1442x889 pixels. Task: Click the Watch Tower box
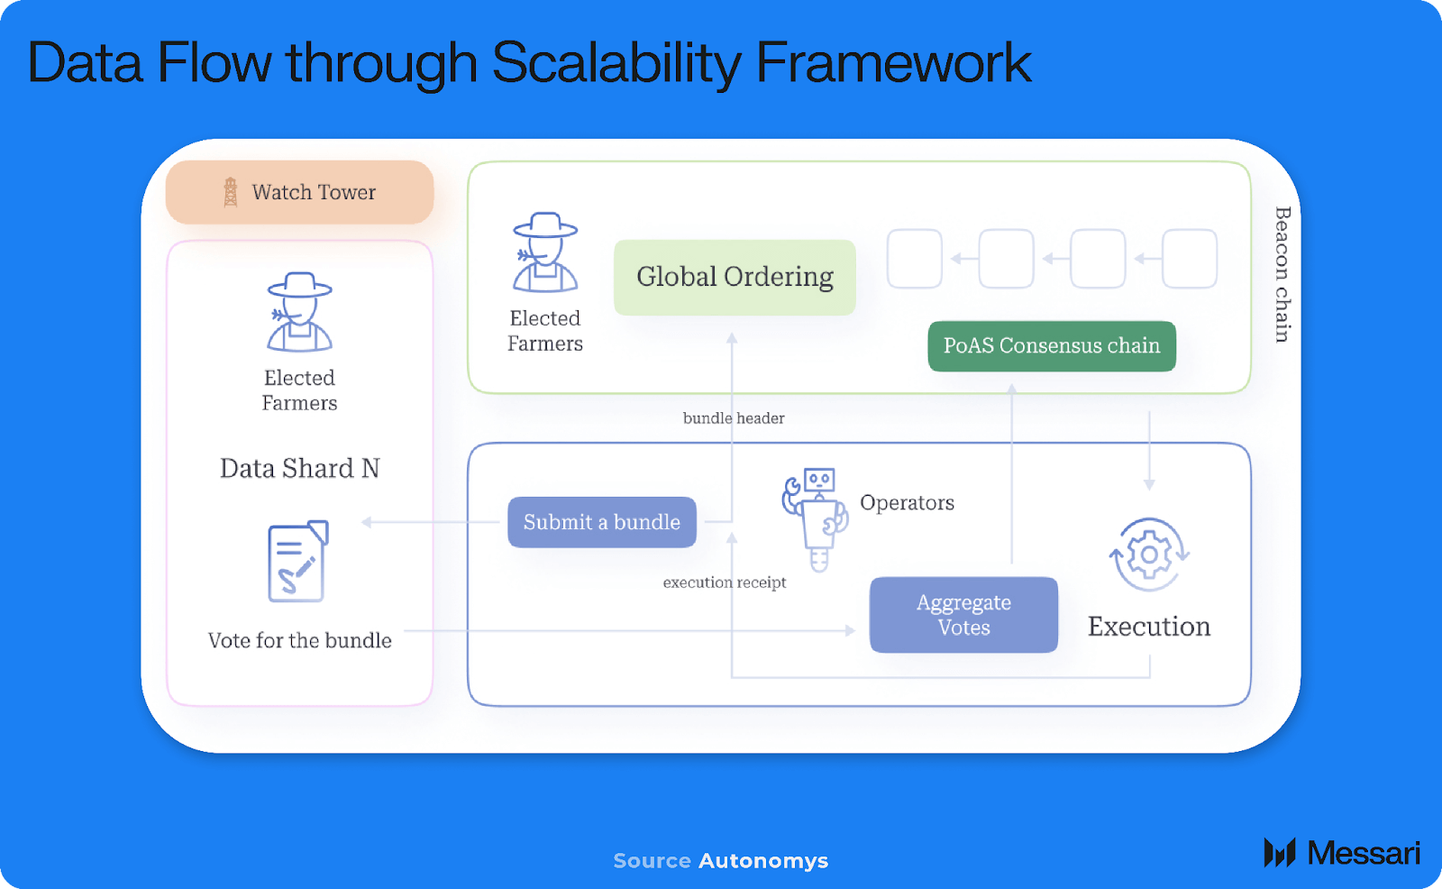[300, 192]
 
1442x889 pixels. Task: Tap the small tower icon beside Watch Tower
[230, 192]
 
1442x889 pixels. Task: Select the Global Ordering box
[735, 277]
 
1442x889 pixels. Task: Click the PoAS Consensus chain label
[1052, 346]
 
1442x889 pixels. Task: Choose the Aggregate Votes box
[963, 615]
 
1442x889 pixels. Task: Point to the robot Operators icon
[815, 519]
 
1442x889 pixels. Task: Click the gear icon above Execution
[1149, 554]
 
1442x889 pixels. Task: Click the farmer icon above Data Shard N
[299, 312]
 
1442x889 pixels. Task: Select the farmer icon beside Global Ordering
[545, 252]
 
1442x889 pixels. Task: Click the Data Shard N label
[299, 468]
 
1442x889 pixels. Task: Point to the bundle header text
[734, 418]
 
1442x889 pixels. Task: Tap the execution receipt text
[725, 582]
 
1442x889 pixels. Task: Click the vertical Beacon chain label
[1282, 274]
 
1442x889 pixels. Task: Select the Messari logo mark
[1280, 853]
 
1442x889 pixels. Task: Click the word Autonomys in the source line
[764, 861]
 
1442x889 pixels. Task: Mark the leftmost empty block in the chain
[915, 259]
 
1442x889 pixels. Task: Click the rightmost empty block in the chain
[1190, 259]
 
